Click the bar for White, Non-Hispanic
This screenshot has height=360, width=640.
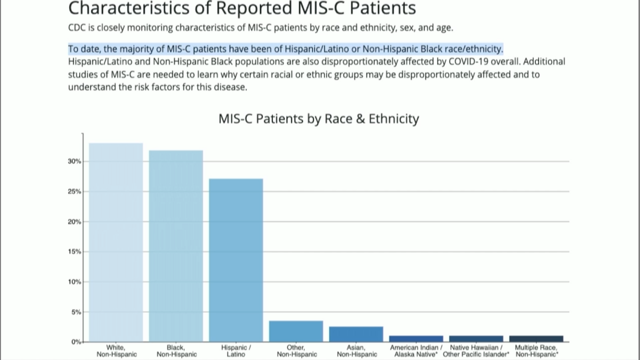pyautogui.click(x=116, y=242)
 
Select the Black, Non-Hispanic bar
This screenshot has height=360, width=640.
pyautogui.click(x=176, y=246)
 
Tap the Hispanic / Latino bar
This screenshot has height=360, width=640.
pyautogui.click(x=236, y=260)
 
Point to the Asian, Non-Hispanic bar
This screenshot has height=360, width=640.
pyautogui.click(x=356, y=334)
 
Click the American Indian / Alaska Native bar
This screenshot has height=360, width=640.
pyautogui.click(x=416, y=338)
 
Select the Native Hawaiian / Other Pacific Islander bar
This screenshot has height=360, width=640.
pyautogui.click(x=476, y=338)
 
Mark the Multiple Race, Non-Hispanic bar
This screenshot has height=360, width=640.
pyautogui.click(x=536, y=338)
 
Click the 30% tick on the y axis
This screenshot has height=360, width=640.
pyautogui.click(x=74, y=161)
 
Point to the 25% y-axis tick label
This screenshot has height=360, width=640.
pyautogui.click(x=74, y=191)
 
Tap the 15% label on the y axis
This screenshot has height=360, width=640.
pyautogui.click(x=74, y=251)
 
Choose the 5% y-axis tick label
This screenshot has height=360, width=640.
pyautogui.click(x=76, y=312)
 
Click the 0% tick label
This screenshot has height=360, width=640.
pyautogui.click(x=76, y=342)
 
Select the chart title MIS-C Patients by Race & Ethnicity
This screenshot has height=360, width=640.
pyautogui.click(x=318, y=119)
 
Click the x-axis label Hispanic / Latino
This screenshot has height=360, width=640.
pyautogui.click(x=236, y=351)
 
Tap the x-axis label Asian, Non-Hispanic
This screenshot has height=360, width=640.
pyautogui.click(x=356, y=351)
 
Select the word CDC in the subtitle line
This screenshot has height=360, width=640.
pyautogui.click(x=76, y=28)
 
